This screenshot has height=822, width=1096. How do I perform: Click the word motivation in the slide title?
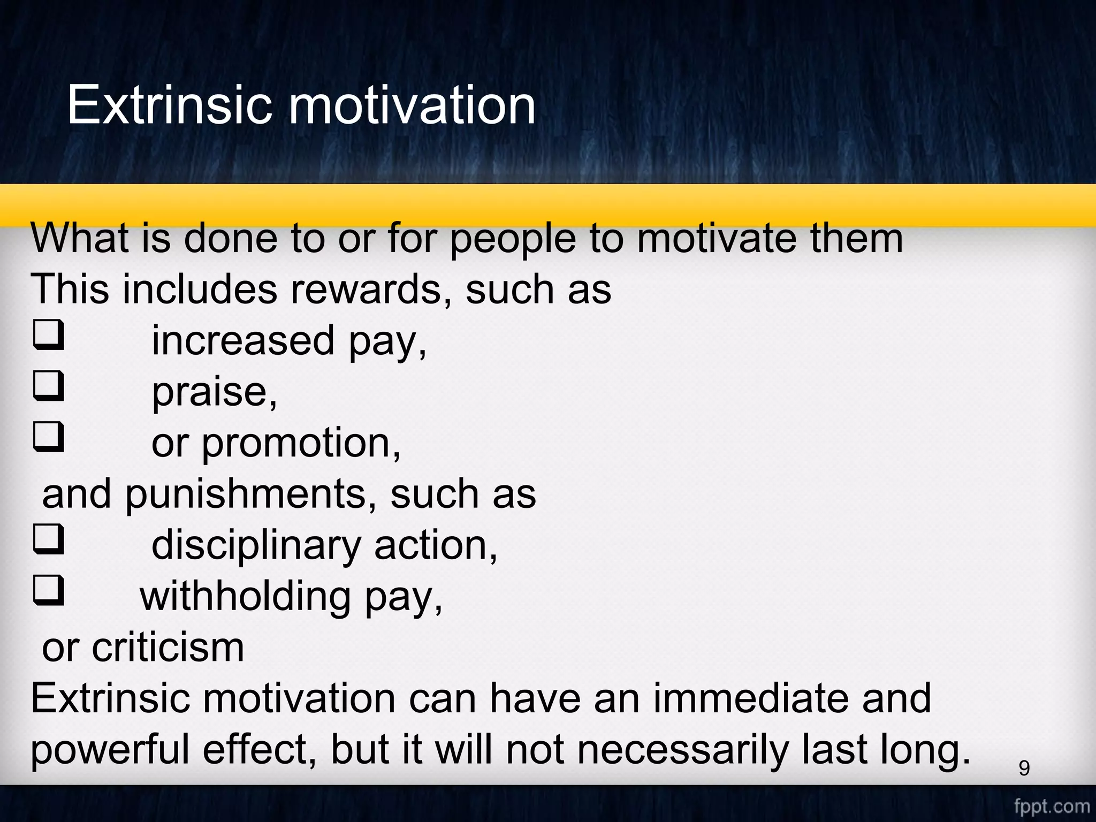coord(412,105)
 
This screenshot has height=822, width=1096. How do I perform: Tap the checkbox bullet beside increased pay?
coord(49,335)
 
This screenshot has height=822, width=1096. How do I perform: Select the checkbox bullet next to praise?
coord(49,386)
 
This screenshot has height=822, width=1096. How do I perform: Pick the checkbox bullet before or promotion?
coord(49,437)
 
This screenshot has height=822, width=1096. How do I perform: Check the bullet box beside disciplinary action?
coord(49,539)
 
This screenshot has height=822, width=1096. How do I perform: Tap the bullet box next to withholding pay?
coord(49,591)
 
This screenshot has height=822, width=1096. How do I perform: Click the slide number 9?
coord(1024,768)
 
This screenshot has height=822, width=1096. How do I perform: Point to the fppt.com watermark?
coord(1052,806)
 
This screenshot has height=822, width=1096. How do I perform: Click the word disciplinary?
coord(256,546)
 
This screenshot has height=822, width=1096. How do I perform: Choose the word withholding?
coord(245,597)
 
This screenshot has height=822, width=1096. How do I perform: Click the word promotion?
coord(301,444)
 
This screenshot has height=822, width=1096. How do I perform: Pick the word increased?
coord(243,341)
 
